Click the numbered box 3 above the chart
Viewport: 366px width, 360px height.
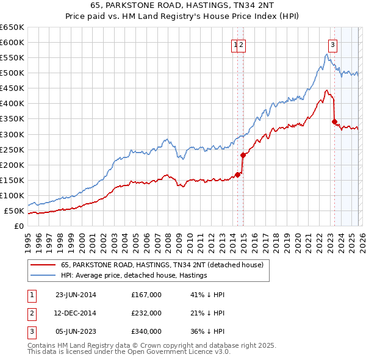coord(333,44)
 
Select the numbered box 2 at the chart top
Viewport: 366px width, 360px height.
coord(242,44)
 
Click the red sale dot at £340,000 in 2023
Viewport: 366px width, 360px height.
coord(334,121)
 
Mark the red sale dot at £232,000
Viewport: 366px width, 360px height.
coord(243,154)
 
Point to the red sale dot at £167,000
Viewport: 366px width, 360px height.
coord(238,175)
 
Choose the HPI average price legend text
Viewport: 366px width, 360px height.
coord(134,275)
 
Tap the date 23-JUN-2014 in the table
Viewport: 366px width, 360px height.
coord(76,295)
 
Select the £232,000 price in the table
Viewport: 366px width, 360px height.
coord(146,313)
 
